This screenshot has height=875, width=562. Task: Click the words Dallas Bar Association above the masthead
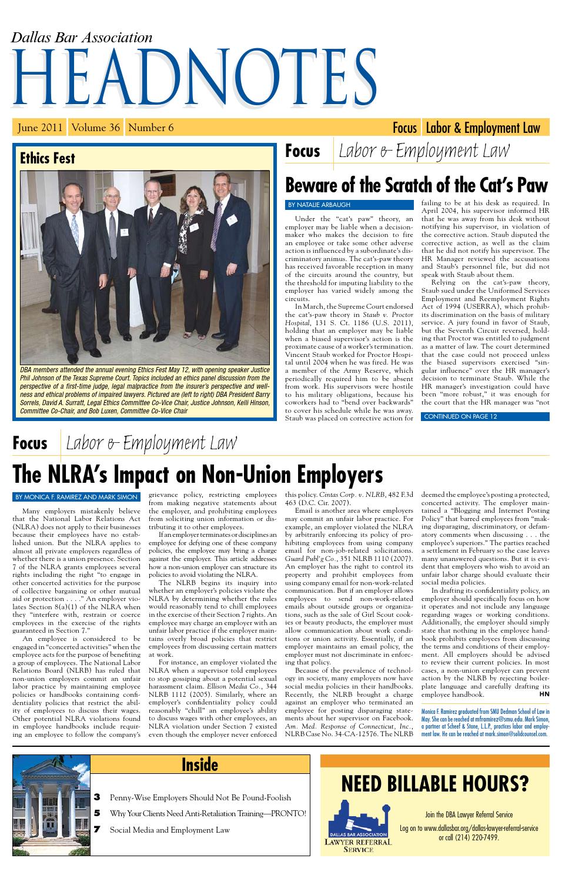coord(82,38)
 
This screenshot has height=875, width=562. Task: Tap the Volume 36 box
coord(96,128)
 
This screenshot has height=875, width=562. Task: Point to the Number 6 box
coord(151,128)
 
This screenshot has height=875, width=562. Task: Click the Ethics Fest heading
coord(48,158)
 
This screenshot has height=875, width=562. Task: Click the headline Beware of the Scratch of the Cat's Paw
coord(416,186)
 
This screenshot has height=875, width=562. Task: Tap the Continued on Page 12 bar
coord(460,416)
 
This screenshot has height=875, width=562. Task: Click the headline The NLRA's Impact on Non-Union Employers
coord(198,475)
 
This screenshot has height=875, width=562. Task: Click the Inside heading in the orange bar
coord(200,764)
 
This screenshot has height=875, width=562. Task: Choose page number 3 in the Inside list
coord(97,797)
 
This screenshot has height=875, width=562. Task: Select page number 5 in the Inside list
coord(97,813)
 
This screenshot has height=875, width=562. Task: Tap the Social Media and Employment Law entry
coord(169,830)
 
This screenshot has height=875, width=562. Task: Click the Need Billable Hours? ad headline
coord(434,784)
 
